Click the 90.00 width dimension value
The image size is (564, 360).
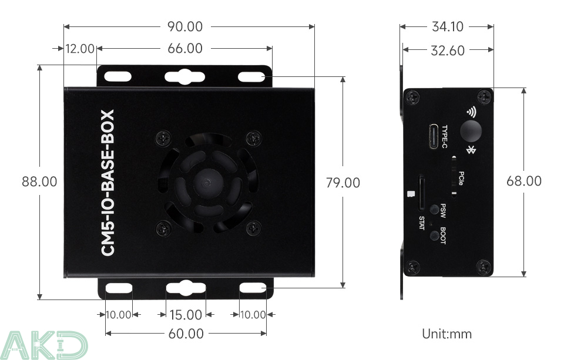184,26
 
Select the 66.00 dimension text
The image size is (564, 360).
184,49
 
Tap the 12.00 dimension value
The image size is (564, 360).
80,49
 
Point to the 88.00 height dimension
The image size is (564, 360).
39,182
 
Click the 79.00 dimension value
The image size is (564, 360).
343,183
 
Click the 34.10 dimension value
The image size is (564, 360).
447,26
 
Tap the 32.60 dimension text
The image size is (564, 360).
447,51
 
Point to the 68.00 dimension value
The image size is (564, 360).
524,181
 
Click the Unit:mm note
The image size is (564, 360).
446,334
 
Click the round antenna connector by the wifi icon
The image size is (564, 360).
470,131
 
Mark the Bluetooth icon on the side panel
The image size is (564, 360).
470,150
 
